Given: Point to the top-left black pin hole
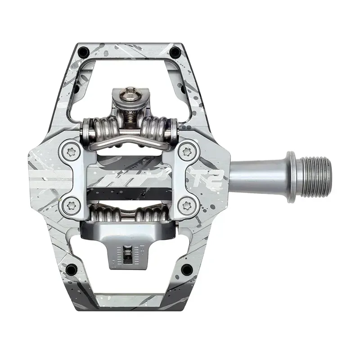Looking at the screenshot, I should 82,53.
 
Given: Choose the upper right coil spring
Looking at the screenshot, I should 157,128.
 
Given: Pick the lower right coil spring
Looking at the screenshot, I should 151,213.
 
